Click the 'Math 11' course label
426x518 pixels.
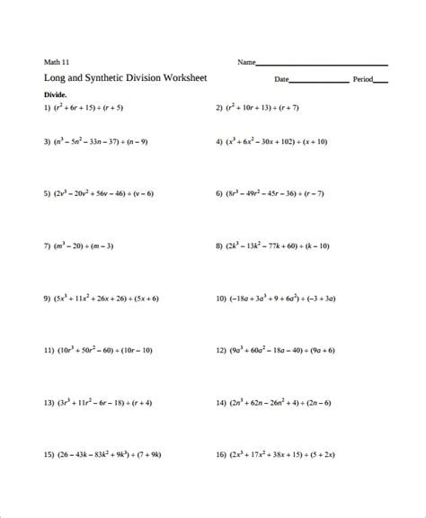(57, 62)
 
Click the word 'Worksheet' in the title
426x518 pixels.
(183, 78)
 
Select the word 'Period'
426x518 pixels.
(363, 79)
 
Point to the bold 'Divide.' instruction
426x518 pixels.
(57, 94)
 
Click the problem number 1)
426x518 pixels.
(48, 108)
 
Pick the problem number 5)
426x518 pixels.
(48, 192)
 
